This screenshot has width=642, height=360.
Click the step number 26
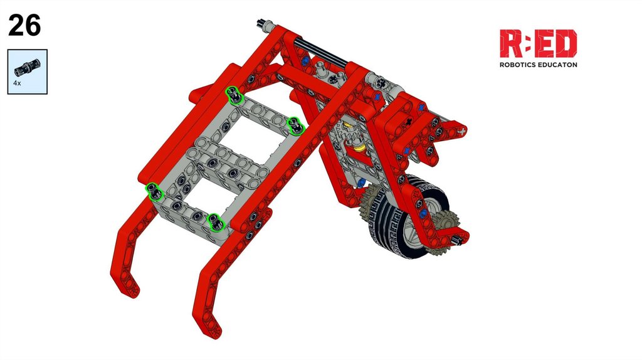pyautogui.click(x=24, y=25)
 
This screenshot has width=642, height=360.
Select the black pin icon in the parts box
pyautogui.click(x=28, y=68)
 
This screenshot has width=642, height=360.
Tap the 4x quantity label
pyautogui.click(x=17, y=83)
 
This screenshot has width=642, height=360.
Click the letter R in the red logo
pyautogui.click(x=510, y=43)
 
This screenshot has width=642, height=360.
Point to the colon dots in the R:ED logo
pyautogui.click(x=527, y=43)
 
